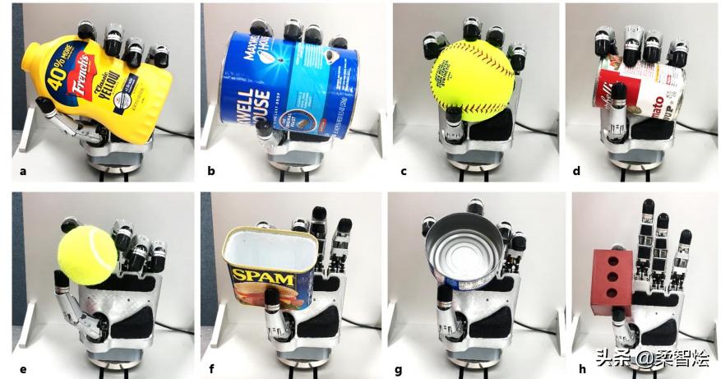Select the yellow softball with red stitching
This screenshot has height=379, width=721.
pos(471,81)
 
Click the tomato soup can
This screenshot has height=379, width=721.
pos(640,97)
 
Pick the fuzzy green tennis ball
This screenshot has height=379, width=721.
pos(87,256)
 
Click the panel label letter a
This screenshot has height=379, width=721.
pos(22,171)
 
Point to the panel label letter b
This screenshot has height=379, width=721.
pos(210,171)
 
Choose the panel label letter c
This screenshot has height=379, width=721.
pos(403,171)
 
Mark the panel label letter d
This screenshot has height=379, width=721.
pos(575,171)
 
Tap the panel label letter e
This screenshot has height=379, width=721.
pos(22,368)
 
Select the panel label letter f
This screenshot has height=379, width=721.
pos(210,368)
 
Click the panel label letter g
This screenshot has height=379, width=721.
pos(403,368)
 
